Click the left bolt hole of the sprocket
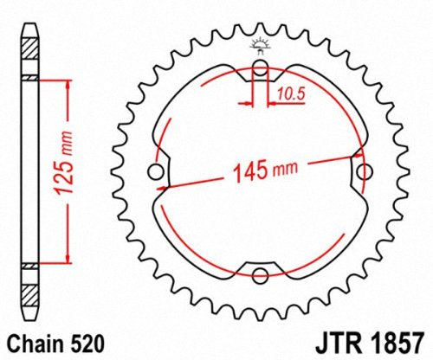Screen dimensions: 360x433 click(156, 173)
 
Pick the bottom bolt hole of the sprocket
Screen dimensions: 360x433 click(260, 276)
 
